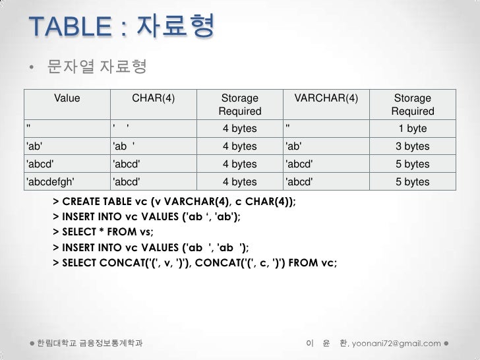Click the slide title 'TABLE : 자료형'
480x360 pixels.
coord(121,27)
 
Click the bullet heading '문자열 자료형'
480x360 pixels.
coord(96,67)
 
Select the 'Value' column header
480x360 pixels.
coord(67,98)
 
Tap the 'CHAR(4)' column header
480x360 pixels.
coord(154,98)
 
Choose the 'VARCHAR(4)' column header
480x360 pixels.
coord(326,98)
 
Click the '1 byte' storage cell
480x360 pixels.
coord(413,129)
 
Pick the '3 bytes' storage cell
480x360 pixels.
coord(413,146)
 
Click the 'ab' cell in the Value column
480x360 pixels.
coord(34,146)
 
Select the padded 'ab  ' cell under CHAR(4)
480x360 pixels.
coord(125,146)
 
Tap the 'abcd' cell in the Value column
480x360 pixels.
coord(39,164)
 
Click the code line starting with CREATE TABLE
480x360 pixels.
coord(174,201)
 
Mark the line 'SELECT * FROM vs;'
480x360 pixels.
coord(102,232)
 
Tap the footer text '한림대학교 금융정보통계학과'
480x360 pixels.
coord(90,344)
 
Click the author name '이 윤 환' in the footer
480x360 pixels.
coord(326,344)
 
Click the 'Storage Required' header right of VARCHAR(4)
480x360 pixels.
coord(413,105)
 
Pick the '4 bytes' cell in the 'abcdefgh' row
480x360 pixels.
coord(240,182)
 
